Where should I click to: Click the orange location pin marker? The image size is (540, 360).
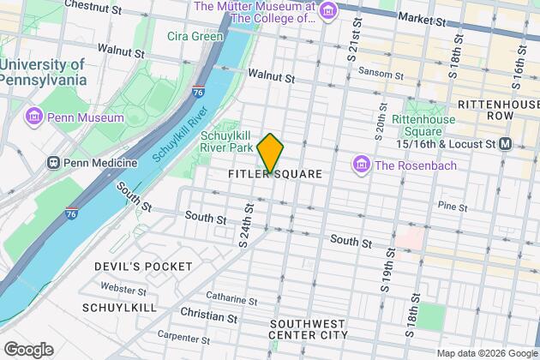pos(270,153)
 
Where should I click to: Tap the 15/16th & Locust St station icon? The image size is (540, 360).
pos(507,142)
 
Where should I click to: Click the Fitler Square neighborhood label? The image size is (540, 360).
pos(275,174)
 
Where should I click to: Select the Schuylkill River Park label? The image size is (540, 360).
pos(230,143)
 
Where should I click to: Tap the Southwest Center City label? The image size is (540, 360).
pos(308,329)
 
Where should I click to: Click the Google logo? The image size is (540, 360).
pos(27,349)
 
